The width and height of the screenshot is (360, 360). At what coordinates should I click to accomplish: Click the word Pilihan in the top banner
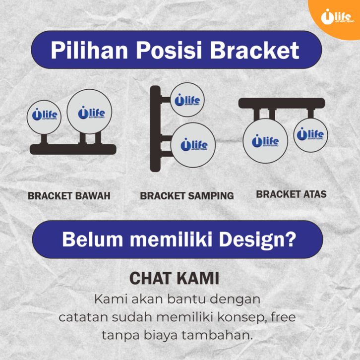coord(89,50)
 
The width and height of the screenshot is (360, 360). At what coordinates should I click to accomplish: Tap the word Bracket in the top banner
coord(254,50)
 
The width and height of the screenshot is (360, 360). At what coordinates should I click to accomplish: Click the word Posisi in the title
coord(169,50)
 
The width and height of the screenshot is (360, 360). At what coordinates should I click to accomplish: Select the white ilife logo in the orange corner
coord(338,16)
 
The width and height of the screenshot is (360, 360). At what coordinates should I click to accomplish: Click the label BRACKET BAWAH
coord(69,196)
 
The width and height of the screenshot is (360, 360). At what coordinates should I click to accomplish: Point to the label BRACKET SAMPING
coord(187,196)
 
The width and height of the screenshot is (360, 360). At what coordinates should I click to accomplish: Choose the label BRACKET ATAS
coord(291,194)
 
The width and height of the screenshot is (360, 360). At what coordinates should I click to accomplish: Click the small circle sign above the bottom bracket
coord(44,117)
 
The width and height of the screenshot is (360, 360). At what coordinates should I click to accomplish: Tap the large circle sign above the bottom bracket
coord(89,112)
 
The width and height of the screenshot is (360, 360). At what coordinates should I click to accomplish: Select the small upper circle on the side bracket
coord(187,100)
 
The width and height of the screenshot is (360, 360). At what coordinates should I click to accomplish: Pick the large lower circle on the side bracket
coord(193,145)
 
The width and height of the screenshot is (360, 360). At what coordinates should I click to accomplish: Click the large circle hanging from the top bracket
coord(265,141)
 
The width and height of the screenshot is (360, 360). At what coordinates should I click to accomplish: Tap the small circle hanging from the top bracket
coord(310,135)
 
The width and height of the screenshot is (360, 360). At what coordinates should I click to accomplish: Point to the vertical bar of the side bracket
coord(155,128)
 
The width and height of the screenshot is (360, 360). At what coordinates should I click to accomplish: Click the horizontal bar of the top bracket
coord(282,103)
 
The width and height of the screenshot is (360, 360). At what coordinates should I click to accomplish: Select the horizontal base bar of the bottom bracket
coord(73,149)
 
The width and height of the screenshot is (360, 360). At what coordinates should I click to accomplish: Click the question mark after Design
coord(291,239)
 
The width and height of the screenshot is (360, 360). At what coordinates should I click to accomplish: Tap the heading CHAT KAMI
coord(174,278)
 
